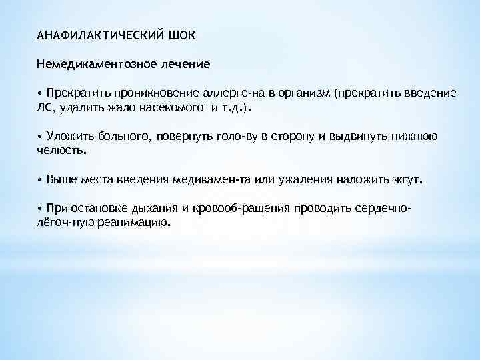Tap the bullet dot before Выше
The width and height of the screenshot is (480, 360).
(40, 180)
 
